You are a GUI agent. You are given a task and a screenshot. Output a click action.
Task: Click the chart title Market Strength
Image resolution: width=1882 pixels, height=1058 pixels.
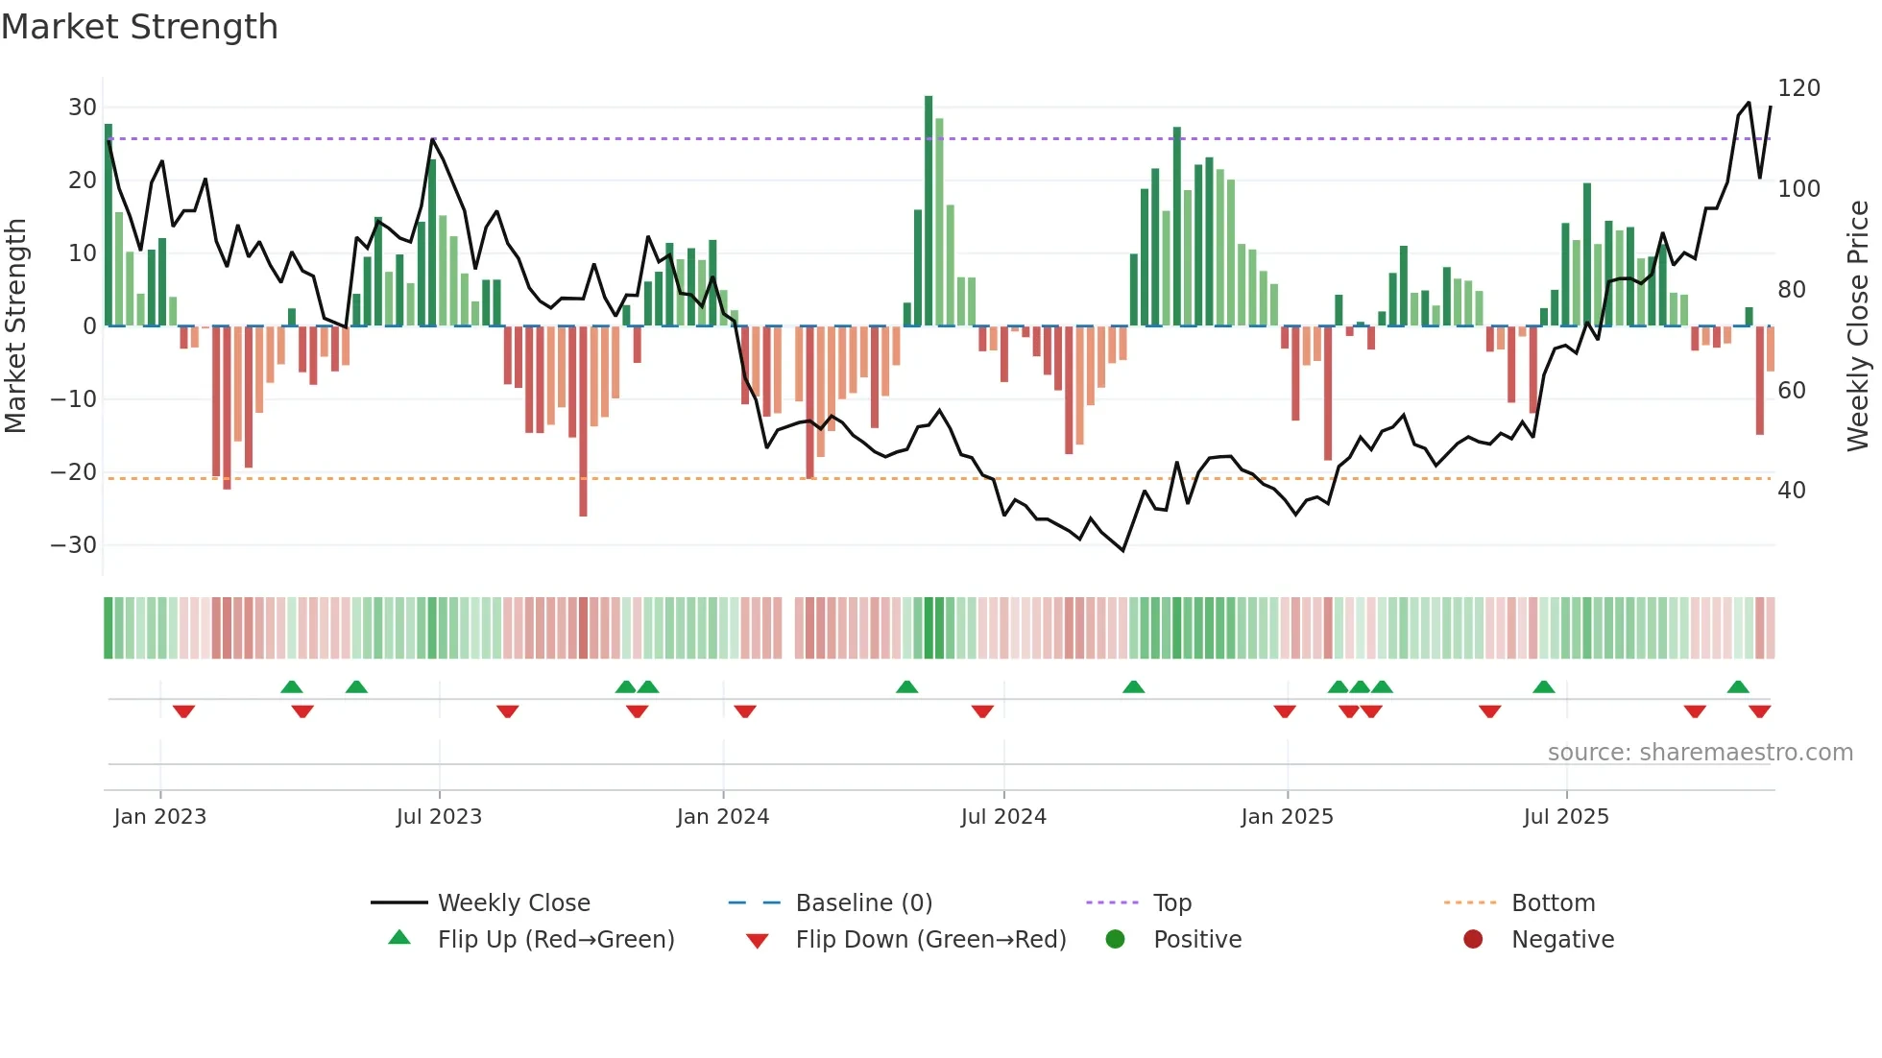click(139, 27)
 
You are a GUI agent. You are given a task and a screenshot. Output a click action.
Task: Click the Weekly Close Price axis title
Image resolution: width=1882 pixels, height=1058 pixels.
click(1858, 325)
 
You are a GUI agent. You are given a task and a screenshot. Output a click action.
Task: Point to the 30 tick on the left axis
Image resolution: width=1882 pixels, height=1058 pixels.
click(82, 108)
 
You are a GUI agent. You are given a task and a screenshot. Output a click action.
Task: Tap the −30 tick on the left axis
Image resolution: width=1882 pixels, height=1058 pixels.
click(74, 545)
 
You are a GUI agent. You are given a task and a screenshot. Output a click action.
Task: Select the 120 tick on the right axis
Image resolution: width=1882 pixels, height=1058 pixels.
click(1798, 88)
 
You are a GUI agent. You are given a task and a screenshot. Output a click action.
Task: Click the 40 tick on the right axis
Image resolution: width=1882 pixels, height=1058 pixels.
click(1791, 491)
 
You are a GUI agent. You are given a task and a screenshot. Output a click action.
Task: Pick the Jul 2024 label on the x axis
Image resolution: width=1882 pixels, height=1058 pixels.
click(1003, 817)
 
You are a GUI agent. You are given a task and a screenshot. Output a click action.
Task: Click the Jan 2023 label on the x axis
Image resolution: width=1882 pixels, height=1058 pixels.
click(159, 817)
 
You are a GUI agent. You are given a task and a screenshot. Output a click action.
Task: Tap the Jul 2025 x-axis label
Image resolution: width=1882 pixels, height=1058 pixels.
click(1565, 817)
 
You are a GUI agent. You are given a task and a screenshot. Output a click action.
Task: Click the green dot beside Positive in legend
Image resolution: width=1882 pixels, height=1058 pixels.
click(1115, 939)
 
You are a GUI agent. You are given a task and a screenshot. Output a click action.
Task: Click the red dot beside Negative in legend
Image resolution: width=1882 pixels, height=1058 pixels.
click(1473, 939)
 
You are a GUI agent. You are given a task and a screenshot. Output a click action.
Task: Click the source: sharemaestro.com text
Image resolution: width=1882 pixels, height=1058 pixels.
click(1700, 753)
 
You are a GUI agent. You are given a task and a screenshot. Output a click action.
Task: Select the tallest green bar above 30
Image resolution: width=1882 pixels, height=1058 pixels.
click(929, 211)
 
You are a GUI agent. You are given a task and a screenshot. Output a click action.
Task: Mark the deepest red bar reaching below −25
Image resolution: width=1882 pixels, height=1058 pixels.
click(583, 422)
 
